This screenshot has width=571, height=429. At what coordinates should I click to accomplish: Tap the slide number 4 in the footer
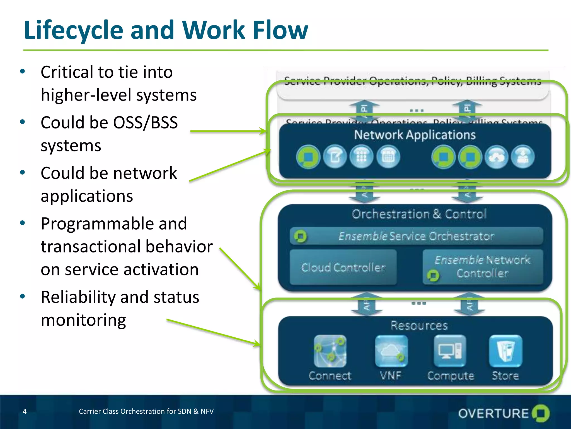tap(25, 411)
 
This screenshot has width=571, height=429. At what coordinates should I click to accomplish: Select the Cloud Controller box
tap(343, 267)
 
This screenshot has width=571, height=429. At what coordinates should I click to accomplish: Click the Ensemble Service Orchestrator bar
tap(416, 236)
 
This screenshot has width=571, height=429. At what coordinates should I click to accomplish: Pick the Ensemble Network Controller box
tap(482, 267)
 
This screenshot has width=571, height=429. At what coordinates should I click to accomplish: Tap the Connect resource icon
tap(330, 351)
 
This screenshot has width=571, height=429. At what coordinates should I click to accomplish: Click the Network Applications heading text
tap(415, 135)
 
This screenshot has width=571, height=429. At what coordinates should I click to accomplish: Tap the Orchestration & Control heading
tap(419, 214)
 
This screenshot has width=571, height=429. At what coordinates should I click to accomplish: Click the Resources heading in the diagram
tap(419, 326)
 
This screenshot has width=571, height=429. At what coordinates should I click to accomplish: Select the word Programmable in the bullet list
tap(114, 224)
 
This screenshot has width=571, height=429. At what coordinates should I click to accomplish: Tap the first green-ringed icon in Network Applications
tap(308, 157)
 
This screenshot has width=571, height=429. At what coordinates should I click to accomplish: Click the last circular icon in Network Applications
tap(523, 157)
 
